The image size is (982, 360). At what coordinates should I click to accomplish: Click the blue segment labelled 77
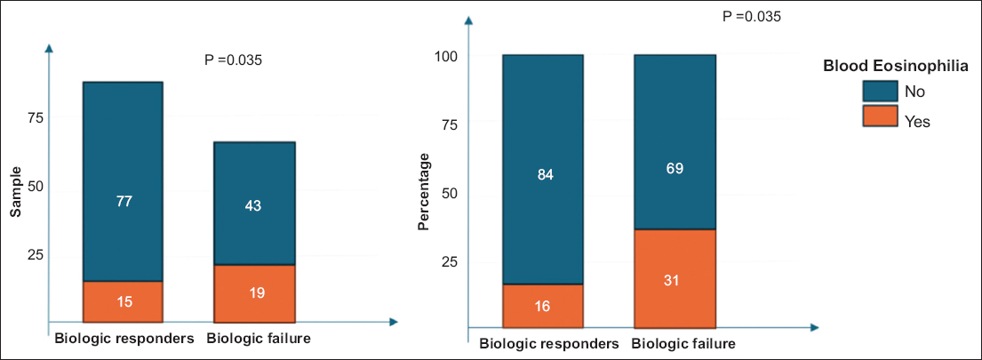(x=123, y=181)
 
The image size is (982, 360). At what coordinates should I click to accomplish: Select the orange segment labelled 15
(x=123, y=301)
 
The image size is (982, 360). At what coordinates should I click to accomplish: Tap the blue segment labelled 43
(x=254, y=204)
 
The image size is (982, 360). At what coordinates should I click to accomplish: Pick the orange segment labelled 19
(x=254, y=293)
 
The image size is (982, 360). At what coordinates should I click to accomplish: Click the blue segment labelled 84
(x=543, y=170)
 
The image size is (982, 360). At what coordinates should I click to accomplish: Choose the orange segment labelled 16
(x=543, y=306)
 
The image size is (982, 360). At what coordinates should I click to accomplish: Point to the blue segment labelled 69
(x=675, y=142)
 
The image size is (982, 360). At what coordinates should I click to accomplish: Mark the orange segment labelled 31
(x=675, y=279)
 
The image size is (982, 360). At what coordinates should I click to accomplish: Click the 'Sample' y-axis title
(x=17, y=192)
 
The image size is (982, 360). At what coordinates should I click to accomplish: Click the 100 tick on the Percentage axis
(x=445, y=56)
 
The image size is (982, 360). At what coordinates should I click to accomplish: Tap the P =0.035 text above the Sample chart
(x=234, y=60)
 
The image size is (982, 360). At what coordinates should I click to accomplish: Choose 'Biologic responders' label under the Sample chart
(x=124, y=340)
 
